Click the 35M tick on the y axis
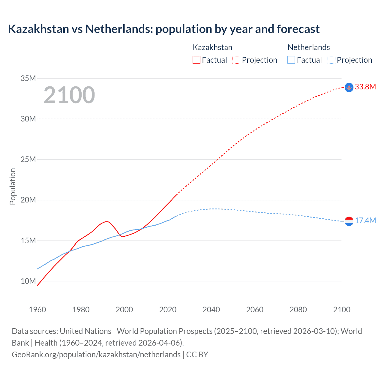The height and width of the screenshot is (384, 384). pyautogui.click(x=28, y=79)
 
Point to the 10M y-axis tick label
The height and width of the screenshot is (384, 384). pyautogui.click(x=28, y=281)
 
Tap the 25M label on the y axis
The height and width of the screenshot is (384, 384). pyautogui.click(x=28, y=160)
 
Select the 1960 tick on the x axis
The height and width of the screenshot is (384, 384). pyautogui.click(x=37, y=310)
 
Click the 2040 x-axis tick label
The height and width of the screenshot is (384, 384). pyautogui.click(x=211, y=310)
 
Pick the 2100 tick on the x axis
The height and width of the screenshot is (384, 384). pyautogui.click(x=341, y=310)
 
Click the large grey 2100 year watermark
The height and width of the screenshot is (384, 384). pyautogui.click(x=69, y=95)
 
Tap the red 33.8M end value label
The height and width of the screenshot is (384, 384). pyautogui.click(x=365, y=87)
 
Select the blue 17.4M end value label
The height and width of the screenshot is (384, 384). pyautogui.click(x=365, y=221)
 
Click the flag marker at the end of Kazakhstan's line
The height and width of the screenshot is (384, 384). pyautogui.click(x=349, y=87)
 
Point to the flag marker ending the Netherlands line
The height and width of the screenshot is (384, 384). pyautogui.click(x=349, y=221)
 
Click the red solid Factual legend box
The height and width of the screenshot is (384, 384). pyautogui.click(x=196, y=60)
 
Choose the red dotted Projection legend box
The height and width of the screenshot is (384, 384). pyautogui.click(x=236, y=60)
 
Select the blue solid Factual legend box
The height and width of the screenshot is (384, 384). pyautogui.click(x=291, y=60)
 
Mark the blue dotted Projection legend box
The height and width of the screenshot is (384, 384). pyautogui.click(x=331, y=60)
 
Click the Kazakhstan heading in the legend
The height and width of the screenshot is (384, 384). pyautogui.click(x=212, y=47)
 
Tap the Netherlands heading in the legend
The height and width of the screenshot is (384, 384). pyautogui.click(x=309, y=47)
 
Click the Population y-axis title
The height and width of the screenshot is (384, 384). pyautogui.click(x=13, y=186)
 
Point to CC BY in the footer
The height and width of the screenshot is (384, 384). pyautogui.click(x=197, y=355)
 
